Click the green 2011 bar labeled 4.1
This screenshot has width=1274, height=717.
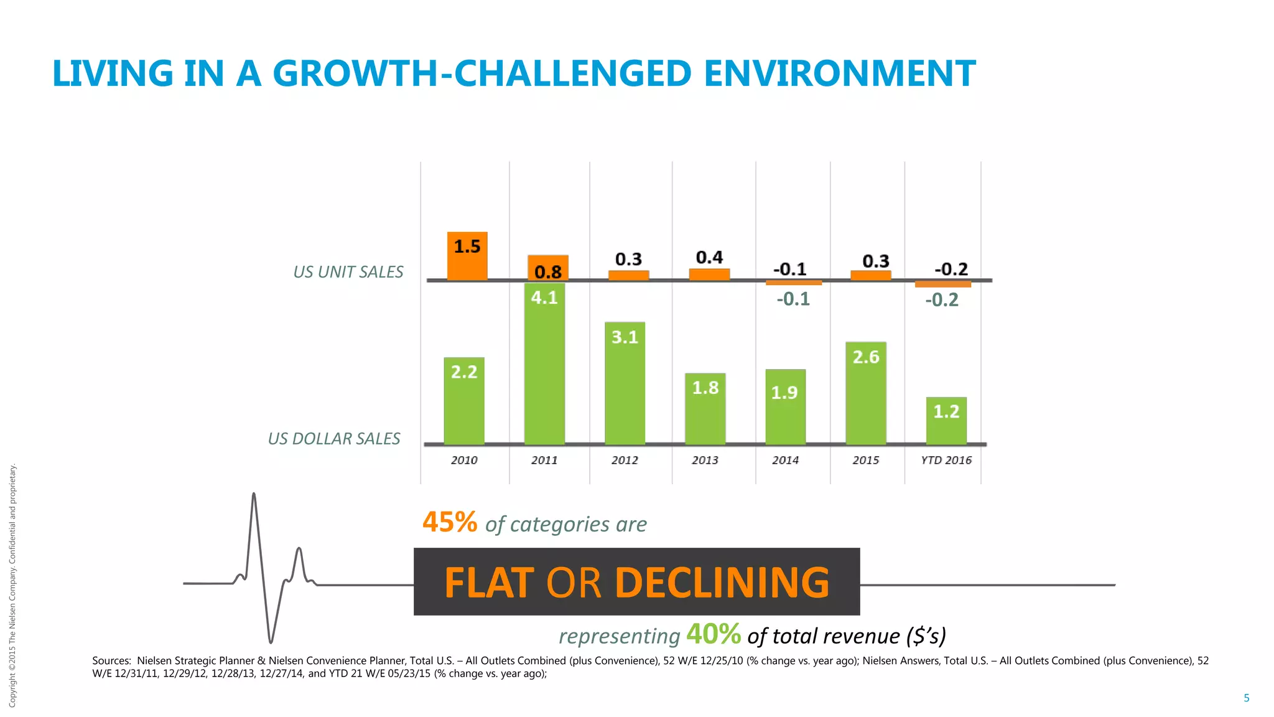544,363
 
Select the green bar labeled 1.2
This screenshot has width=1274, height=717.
946,421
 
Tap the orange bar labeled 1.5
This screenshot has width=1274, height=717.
467,256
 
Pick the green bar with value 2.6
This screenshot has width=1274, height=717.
866,393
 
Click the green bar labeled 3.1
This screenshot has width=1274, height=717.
625,383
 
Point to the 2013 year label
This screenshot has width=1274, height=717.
705,461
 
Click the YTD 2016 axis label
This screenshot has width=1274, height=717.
946,461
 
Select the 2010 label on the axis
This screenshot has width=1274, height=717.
464,461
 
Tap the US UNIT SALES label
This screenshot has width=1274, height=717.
348,272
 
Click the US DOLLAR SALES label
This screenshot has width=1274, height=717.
334,439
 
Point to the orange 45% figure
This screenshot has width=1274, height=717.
450,522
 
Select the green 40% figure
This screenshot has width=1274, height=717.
714,634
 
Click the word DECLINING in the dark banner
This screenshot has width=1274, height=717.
722,583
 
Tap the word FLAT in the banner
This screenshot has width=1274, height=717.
489,583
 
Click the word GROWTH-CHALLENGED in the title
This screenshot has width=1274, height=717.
482,73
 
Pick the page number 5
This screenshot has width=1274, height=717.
1246,698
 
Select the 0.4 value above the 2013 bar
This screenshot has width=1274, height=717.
709,258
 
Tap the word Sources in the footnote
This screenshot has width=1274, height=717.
111,660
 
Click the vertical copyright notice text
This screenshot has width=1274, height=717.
12,585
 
